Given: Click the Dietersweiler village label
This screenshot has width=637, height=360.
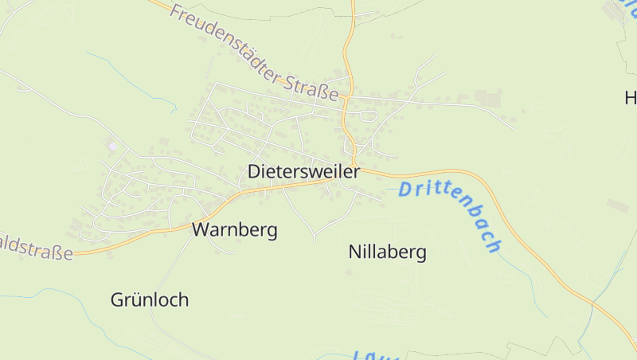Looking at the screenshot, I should [303, 171].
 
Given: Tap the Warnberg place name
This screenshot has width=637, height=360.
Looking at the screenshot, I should [234, 230].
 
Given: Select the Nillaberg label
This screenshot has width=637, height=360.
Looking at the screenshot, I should [387, 252].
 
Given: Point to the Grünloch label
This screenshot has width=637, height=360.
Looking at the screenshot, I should [150, 300].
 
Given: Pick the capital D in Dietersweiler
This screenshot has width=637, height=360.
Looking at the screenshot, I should [254, 171].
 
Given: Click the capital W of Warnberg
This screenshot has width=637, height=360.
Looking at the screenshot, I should [201, 230].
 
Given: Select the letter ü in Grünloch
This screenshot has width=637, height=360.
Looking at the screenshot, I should [131, 300].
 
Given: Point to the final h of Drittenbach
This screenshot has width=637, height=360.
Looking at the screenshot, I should [494, 245].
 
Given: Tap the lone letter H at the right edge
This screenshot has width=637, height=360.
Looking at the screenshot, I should [630, 98].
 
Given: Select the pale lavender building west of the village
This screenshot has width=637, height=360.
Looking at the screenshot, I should [111, 146].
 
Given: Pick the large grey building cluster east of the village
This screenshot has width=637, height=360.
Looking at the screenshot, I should [487, 97].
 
